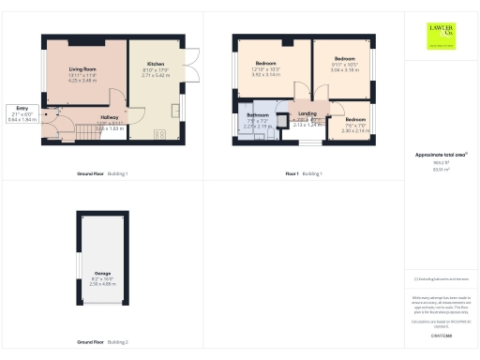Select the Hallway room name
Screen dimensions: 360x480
point(110,118)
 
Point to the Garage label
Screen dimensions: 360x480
point(102,273)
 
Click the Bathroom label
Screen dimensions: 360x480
point(258,114)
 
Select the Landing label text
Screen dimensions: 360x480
point(307,113)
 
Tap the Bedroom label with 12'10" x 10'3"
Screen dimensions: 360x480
point(266,62)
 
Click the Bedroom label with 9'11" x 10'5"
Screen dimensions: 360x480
point(344,58)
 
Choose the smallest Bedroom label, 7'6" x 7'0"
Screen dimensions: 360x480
point(354,119)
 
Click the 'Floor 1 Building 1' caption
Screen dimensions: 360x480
point(304,174)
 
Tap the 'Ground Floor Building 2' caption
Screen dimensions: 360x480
point(102,342)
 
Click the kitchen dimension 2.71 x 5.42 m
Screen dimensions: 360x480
point(156,75)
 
